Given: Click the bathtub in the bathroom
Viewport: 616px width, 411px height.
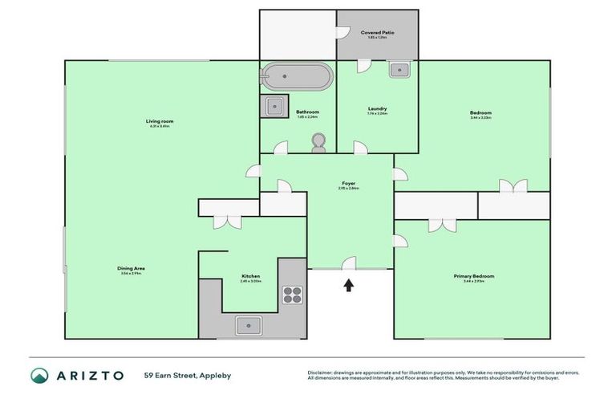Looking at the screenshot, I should tap(296, 77).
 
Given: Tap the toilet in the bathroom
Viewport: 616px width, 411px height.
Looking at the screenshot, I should tap(318, 142).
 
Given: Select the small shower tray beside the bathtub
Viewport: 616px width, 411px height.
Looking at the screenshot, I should tap(275, 105).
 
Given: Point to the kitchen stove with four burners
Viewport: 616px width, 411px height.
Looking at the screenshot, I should tap(293, 295).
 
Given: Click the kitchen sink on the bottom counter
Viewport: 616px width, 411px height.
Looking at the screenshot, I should tap(249, 325).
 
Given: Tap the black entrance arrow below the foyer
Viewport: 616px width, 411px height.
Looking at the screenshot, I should tap(349, 284).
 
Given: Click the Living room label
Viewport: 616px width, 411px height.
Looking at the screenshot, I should tap(160, 121).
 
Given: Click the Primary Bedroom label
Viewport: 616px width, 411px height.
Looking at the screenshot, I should tap(473, 276).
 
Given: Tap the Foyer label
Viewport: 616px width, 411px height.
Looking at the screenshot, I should tap(348, 183).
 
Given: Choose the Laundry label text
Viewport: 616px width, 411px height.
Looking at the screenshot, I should tap(377, 108).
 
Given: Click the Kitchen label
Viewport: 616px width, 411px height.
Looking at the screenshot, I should tap(251, 276).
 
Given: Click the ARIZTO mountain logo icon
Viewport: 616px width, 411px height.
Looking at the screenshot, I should tap(39, 375).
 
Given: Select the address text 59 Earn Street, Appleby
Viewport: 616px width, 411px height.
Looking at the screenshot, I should tap(186, 375).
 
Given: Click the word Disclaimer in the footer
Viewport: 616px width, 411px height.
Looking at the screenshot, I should tap(322, 372).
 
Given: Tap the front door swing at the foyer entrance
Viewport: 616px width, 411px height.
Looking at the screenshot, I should tap(350, 262).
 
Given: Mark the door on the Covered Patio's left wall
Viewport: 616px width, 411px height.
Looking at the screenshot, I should tap(342, 33).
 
